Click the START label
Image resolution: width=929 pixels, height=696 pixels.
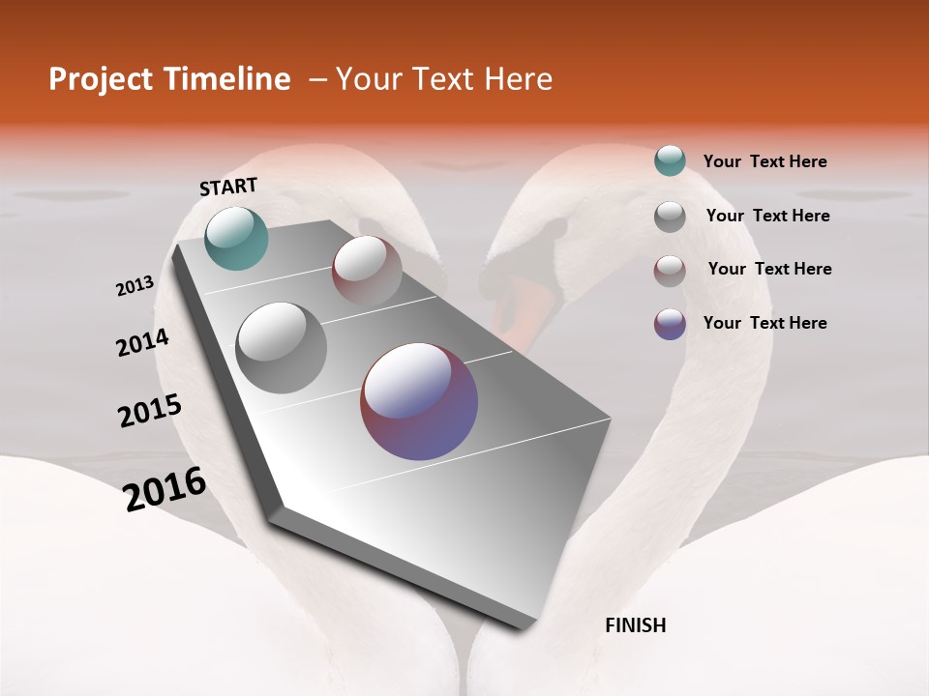tap(228, 187)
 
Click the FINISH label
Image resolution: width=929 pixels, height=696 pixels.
tap(635, 625)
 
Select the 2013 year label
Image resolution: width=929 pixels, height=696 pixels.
tap(135, 286)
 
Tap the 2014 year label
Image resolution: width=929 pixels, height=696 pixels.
tap(142, 342)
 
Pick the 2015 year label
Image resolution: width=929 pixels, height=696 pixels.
tap(150, 411)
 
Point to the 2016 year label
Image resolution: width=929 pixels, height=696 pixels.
tap(165, 489)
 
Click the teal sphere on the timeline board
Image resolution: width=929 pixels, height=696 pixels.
tap(236, 238)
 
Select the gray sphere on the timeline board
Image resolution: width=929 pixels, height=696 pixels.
tap(281, 347)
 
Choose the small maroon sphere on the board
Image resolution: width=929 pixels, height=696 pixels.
tap(367, 271)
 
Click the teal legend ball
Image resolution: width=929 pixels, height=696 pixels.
tap(670, 160)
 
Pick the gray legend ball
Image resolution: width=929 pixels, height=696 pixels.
tap(670, 217)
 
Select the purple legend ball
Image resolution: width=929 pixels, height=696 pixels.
tap(670, 324)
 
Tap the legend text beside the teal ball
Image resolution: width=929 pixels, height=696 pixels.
tap(764, 161)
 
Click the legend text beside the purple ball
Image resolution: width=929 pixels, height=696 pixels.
tap(764, 323)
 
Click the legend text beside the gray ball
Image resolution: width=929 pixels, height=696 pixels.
tap(767, 216)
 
